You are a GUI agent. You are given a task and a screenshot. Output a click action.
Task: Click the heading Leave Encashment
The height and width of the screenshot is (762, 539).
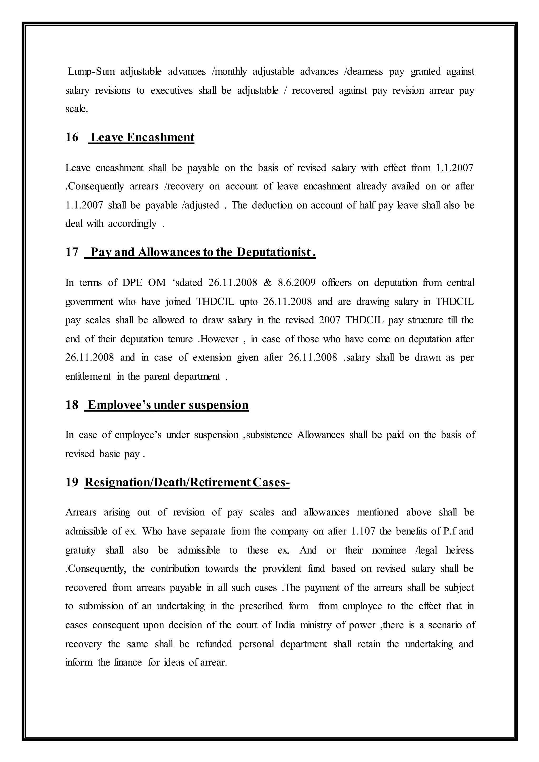pyautogui.click(x=142, y=137)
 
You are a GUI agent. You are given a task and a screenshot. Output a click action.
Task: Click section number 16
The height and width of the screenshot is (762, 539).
pyautogui.click(x=72, y=137)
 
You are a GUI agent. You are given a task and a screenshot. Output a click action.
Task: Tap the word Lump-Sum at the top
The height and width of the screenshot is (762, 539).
pyautogui.click(x=91, y=72)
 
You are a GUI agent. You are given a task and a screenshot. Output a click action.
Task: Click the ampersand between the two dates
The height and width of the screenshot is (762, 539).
pyautogui.click(x=267, y=283)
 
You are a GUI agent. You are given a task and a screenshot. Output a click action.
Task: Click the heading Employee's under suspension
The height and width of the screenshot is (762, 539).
pyautogui.click(x=168, y=405)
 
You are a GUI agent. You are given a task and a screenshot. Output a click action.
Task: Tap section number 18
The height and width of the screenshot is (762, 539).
pyautogui.click(x=72, y=405)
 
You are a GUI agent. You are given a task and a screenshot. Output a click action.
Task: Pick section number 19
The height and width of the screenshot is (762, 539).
pyautogui.click(x=72, y=482)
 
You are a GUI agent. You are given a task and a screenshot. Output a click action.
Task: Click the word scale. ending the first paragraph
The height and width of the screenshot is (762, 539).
pyautogui.click(x=77, y=109)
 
